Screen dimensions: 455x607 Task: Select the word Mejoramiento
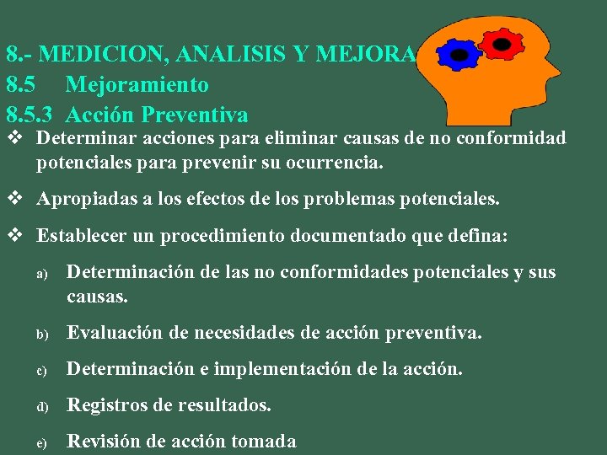137,84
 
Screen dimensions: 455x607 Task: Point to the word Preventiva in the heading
198,114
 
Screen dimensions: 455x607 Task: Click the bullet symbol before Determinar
14,137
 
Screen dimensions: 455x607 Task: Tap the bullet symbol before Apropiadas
14,200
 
